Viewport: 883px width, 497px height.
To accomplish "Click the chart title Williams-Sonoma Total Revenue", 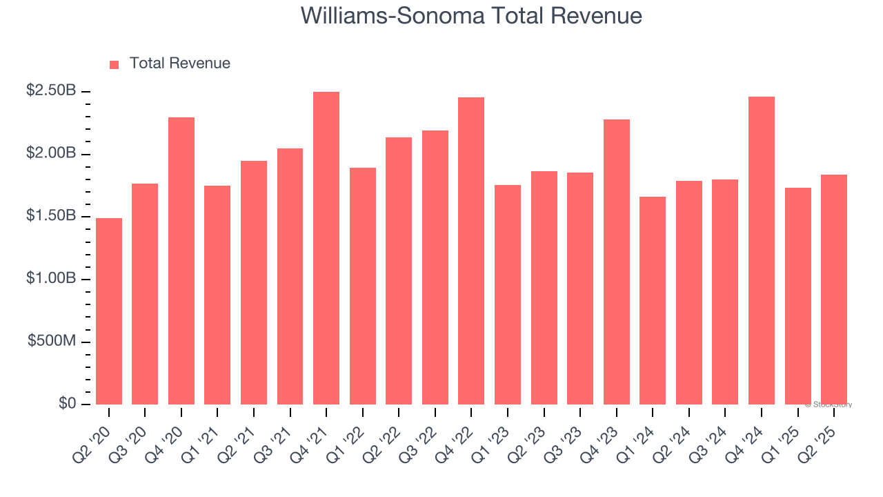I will pos(471,16).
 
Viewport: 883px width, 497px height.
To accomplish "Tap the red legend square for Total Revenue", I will pos(115,64).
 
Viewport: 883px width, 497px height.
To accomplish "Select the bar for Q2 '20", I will pos(109,311).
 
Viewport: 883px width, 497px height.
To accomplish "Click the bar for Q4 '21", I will pos(326,248).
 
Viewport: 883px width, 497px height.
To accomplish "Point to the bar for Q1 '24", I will pos(653,300).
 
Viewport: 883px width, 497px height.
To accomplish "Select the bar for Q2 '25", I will pos(834,289).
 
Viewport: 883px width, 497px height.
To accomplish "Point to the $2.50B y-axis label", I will pos(51,91).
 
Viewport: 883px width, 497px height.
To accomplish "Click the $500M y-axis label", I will pos(51,342).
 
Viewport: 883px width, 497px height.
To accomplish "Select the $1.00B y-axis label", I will pos(51,279).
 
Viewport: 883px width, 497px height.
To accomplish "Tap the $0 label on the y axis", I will pos(66,404).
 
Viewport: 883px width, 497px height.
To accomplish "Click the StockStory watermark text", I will pos(829,405).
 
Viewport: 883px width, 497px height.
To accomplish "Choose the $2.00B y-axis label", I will pos(51,153).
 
